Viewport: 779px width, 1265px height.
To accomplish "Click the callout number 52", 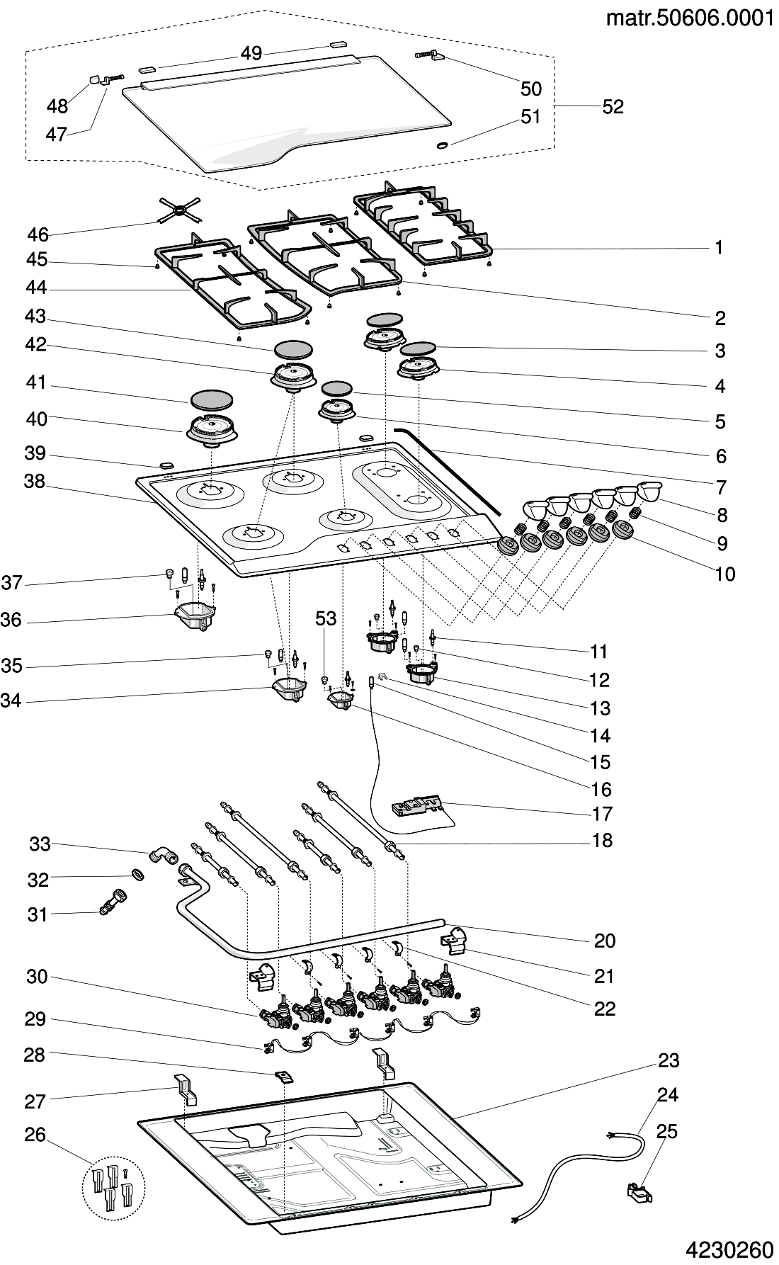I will (x=613, y=106).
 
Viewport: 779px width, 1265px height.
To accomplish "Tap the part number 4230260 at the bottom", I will (x=729, y=1249).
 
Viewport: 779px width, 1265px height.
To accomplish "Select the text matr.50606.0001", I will (x=690, y=19).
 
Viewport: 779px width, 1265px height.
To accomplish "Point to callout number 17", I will (x=603, y=814).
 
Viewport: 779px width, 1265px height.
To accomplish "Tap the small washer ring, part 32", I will (x=139, y=876).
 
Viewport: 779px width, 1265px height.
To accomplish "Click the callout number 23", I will (x=669, y=1060).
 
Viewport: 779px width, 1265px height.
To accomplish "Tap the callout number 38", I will (x=34, y=482).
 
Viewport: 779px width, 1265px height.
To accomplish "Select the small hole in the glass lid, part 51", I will (x=443, y=145).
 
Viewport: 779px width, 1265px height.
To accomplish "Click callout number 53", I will (x=326, y=618).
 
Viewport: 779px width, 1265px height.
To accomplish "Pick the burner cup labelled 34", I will (x=289, y=691).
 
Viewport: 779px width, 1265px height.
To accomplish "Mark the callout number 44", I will (x=36, y=288).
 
